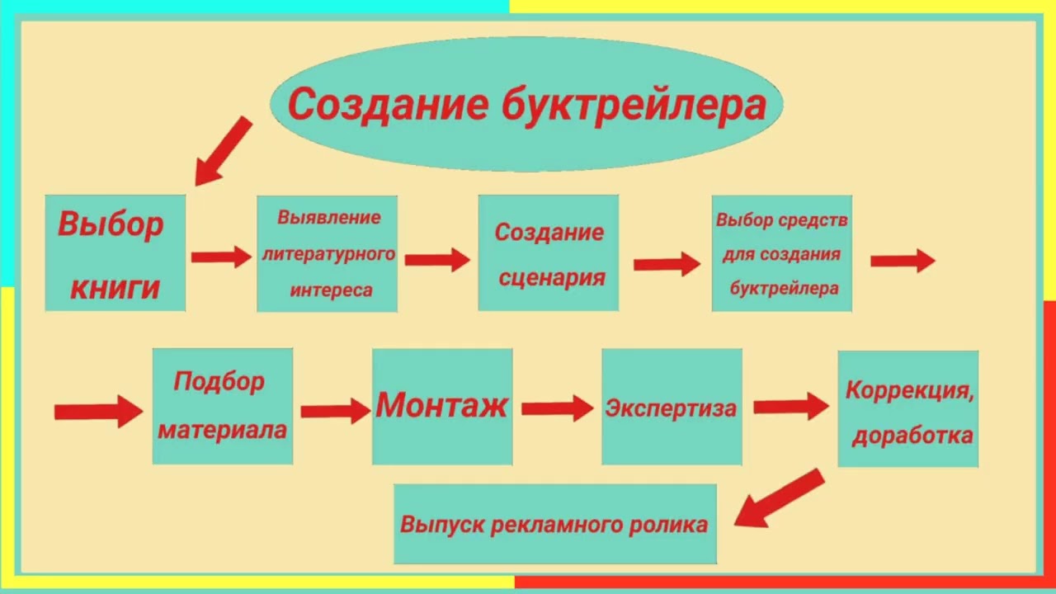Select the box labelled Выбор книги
[115, 252]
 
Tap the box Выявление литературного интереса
[327, 253]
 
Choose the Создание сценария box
[548, 253]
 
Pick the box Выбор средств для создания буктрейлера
[781, 253]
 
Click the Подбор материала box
[222, 406]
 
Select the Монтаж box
[442, 406]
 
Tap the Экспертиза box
[671, 407]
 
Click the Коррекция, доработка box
[908, 409]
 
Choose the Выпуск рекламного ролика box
[554, 524]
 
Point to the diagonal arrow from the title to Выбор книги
[223, 151]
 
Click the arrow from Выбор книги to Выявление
[221, 257]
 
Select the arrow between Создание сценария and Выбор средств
[667, 264]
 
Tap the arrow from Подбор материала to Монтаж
[335, 410]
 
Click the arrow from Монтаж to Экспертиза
[557, 408]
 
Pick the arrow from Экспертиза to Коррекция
[790, 406]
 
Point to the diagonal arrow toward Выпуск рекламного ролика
[779, 498]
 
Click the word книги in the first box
[115, 288]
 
